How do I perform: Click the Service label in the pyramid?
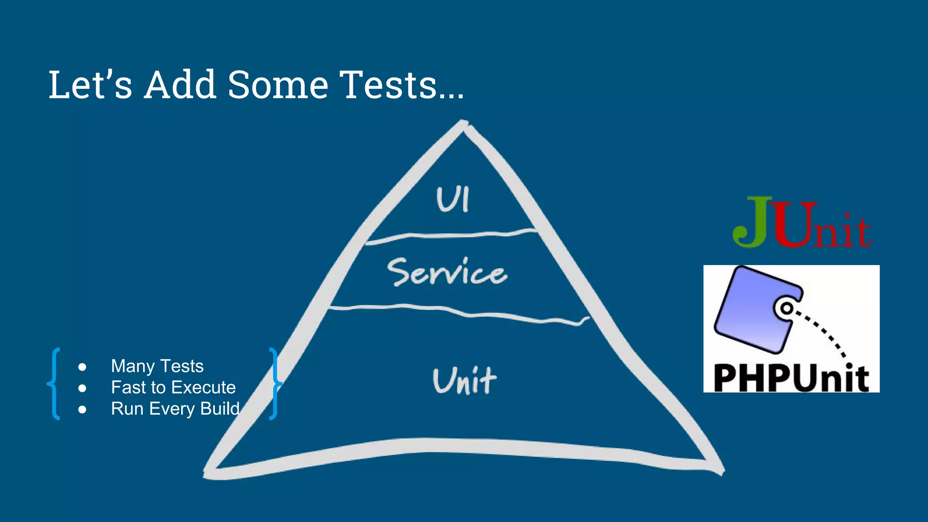[447, 273]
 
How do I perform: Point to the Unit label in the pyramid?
[464, 381]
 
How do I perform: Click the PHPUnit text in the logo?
[791, 378]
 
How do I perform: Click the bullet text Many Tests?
[157, 366]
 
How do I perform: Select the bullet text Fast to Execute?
[173, 387]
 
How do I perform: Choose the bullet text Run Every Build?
[175, 409]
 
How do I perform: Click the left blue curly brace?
[54, 383]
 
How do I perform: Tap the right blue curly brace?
[275, 383]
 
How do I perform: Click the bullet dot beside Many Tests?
[82, 367]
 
